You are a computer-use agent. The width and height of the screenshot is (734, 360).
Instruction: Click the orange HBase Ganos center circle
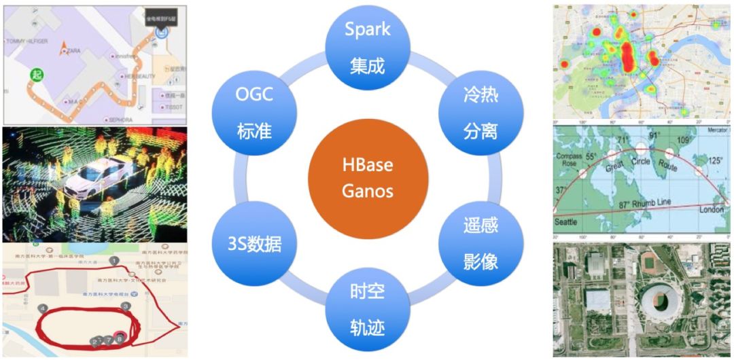coord(368,178)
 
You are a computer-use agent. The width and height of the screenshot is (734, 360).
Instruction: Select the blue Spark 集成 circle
coord(368,47)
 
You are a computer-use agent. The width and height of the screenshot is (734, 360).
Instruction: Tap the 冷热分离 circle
coord(480,112)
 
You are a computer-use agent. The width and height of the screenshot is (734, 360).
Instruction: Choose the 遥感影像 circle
coord(480,244)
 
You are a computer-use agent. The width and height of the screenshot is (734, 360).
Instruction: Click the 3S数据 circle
coord(255,244)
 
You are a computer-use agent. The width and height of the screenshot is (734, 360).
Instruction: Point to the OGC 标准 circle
coord(255,112)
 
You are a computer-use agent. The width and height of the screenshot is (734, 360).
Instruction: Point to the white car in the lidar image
coord(102,173)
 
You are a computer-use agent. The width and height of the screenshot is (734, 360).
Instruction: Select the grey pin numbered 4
coord(42,308)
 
